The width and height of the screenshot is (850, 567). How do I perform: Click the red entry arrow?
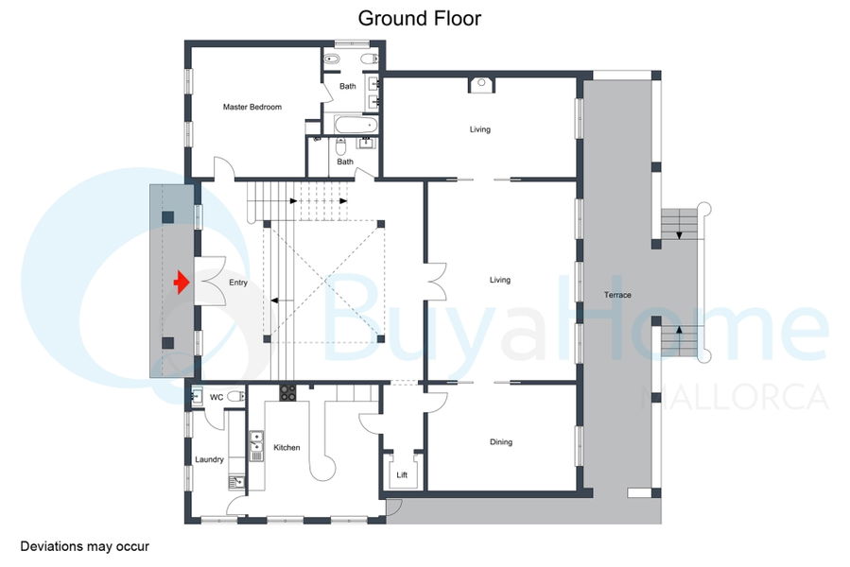[x=182, y=283]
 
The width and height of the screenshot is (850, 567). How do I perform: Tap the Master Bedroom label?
[x=252, y=107]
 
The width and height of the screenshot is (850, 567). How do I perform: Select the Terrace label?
[x=617, y=295]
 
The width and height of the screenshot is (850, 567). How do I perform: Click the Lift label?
[x=402, y=474]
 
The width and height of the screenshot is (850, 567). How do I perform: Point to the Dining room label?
[x=501, y=441]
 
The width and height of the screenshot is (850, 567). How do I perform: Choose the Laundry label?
[x=209, y=459]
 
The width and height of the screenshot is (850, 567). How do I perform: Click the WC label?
[x=217, y=397]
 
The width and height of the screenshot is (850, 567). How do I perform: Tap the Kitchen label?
[x=286, y=447]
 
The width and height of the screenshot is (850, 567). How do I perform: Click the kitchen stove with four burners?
[x=287, y=392]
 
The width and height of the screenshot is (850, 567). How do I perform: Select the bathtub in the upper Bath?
[x=356, y=125]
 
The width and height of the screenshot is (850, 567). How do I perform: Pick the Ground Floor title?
[x=420, y=19]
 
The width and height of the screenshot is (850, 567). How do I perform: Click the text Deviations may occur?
[x=84, y=546]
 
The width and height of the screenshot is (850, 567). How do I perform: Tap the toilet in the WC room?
[x=235, y=397]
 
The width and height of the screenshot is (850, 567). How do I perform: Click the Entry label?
[x=238, y=283]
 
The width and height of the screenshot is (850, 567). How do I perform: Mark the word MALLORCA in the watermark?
[x=735, y=397]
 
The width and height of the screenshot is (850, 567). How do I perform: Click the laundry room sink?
[x=236, y=481]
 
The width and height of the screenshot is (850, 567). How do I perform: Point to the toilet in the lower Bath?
[x=340, y=146]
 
